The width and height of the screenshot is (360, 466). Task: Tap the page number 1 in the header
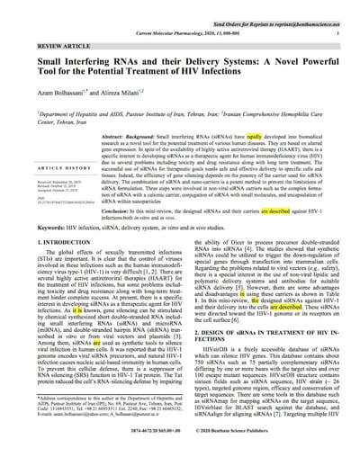pos(335,31)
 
